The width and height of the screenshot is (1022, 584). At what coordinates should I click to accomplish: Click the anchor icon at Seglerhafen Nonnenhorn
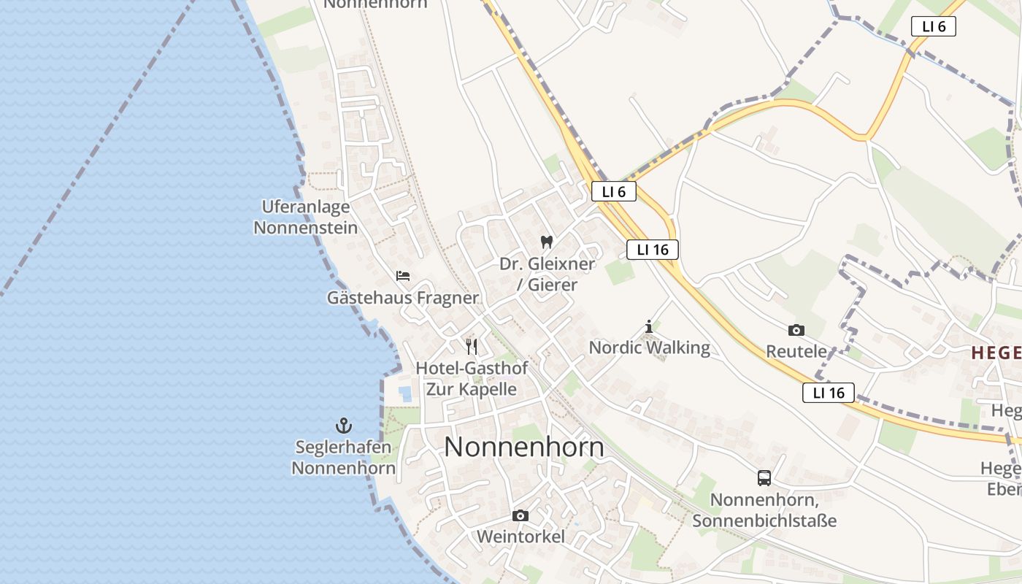(344, 425)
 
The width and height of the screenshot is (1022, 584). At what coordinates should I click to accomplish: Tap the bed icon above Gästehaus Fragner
(403, 276)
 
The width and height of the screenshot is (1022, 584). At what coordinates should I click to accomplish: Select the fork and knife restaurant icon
(472, 346)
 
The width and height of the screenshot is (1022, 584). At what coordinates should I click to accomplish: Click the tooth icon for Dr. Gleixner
(547, 242)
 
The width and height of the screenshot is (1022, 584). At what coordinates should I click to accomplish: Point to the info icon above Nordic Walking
(649, 326)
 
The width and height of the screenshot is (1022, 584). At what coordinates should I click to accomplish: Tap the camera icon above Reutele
(796, 330)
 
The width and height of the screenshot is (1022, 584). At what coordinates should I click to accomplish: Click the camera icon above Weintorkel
(520, 515)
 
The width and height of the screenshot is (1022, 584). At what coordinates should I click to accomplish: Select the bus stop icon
(764, 478)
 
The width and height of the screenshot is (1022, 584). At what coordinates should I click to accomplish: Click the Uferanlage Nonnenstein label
(306, 218)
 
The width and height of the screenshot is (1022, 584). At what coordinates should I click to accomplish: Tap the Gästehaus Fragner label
(403, 298)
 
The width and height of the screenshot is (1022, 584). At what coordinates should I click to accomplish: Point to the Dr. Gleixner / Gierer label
(547, 274)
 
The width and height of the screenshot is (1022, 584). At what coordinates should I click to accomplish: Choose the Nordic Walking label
(650, 347)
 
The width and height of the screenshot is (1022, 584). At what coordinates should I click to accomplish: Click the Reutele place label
(796, 351)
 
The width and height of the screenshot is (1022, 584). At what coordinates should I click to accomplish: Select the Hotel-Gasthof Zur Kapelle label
(472, 378)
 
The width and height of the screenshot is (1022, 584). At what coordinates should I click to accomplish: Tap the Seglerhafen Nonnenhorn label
(344, 457)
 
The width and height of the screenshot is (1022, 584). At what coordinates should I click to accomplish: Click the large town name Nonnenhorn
(524, 447)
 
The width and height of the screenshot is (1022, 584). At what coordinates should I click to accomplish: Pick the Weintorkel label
(520, 537)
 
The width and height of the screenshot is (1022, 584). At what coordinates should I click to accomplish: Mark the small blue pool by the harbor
(405, 393)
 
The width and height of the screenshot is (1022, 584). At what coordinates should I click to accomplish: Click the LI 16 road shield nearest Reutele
(829, 393)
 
